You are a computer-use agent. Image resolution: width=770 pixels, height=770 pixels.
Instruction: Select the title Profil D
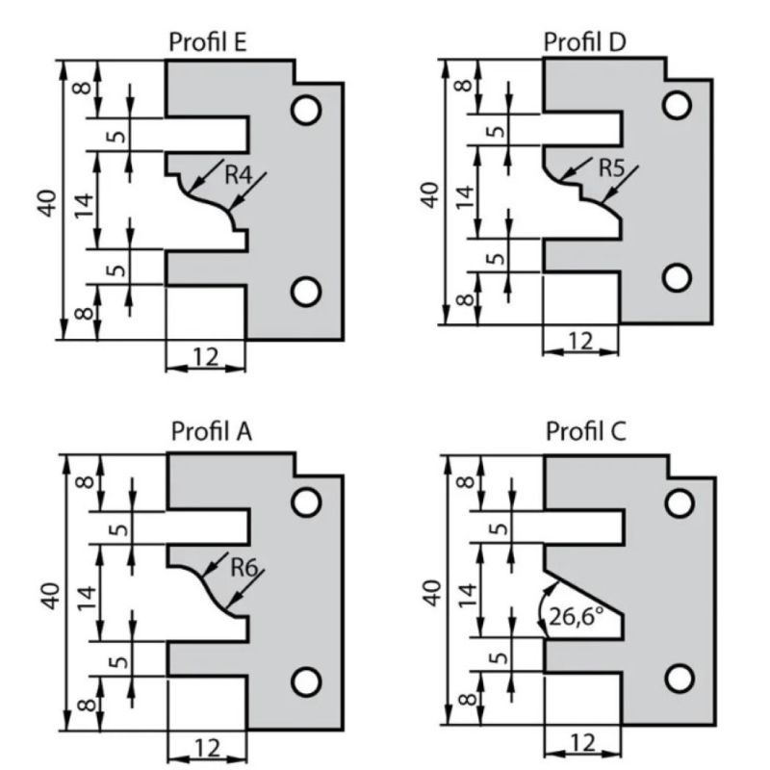[x=584, y=42]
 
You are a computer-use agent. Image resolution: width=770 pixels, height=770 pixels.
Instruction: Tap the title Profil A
[x=212, y=432]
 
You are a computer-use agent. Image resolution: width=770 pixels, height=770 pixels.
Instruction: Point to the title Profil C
[x=586, y=432]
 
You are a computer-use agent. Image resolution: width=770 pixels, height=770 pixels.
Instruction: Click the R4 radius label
[x=240, y=176]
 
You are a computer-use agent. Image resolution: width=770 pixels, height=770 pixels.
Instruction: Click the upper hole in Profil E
[x=307, y=111]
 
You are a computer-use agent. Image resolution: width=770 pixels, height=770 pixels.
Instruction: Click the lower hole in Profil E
[x=307, y=289]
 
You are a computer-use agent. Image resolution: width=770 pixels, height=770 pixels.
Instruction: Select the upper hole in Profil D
[x=678, y=104]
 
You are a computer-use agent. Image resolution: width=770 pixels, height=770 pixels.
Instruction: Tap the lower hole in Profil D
[x=678, y=277]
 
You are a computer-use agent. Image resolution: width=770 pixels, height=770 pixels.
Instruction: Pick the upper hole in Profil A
[x=307, y=502]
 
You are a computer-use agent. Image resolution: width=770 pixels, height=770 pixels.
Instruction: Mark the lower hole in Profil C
[x=680, y=678]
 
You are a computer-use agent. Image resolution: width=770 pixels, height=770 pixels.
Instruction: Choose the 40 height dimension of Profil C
[x=432, y=593]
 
